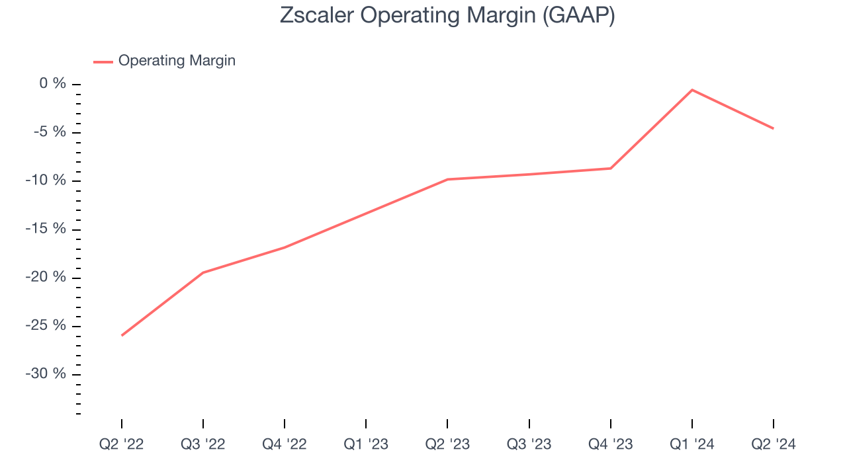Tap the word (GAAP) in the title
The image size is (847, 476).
(x=578, y=15)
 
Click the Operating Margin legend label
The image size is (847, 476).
(x=177, y=61)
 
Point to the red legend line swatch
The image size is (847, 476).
(x=103, y=61)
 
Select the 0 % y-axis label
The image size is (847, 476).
(x=53, y=84)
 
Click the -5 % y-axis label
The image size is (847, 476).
(x=50, y=132)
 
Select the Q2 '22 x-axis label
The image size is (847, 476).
(x=122, y=444)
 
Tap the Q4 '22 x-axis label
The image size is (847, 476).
(x=285, y=444)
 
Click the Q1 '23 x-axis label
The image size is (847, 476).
(x=366, y=444)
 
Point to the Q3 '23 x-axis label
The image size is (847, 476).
(x=529, y=444)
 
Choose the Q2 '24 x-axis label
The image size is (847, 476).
(x=774, y=444)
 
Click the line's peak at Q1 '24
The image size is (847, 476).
(x=692, y=90)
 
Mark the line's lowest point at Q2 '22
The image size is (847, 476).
(x=122, y=335)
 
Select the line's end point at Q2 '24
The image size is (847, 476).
(x=773, y=128)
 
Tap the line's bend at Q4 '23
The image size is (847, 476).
(x=611, y=169)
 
